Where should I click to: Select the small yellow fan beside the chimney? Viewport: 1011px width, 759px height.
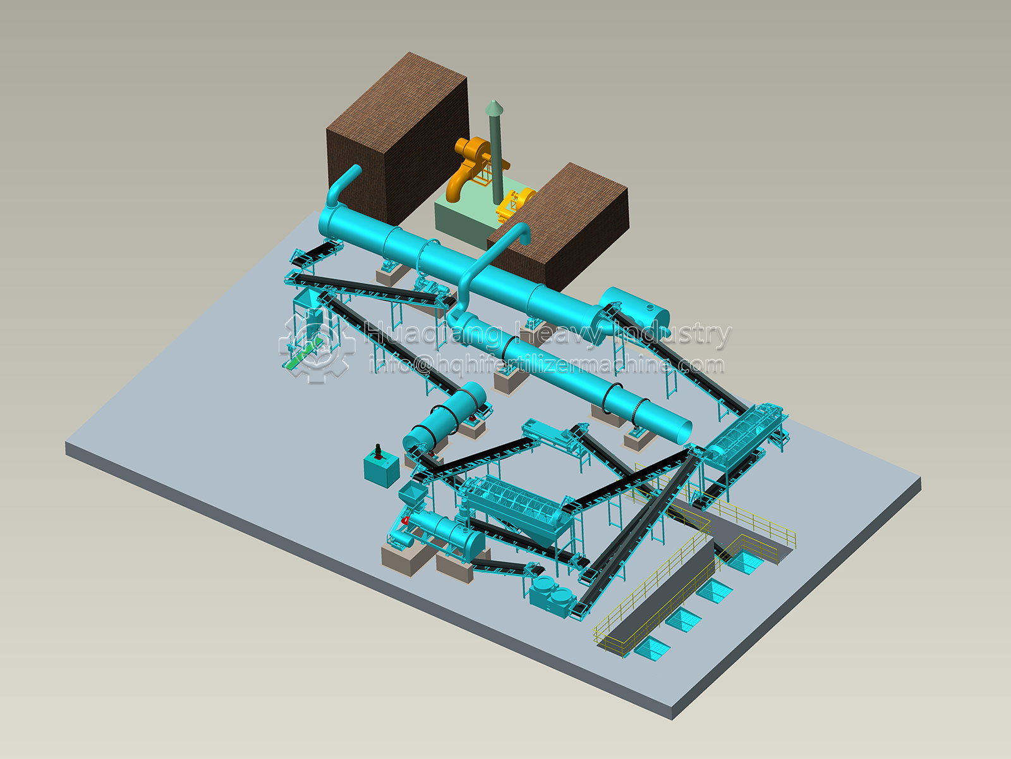click(515, 205)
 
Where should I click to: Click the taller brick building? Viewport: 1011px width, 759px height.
click(397, 139)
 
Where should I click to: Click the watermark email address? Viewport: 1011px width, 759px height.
click(547, 365)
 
